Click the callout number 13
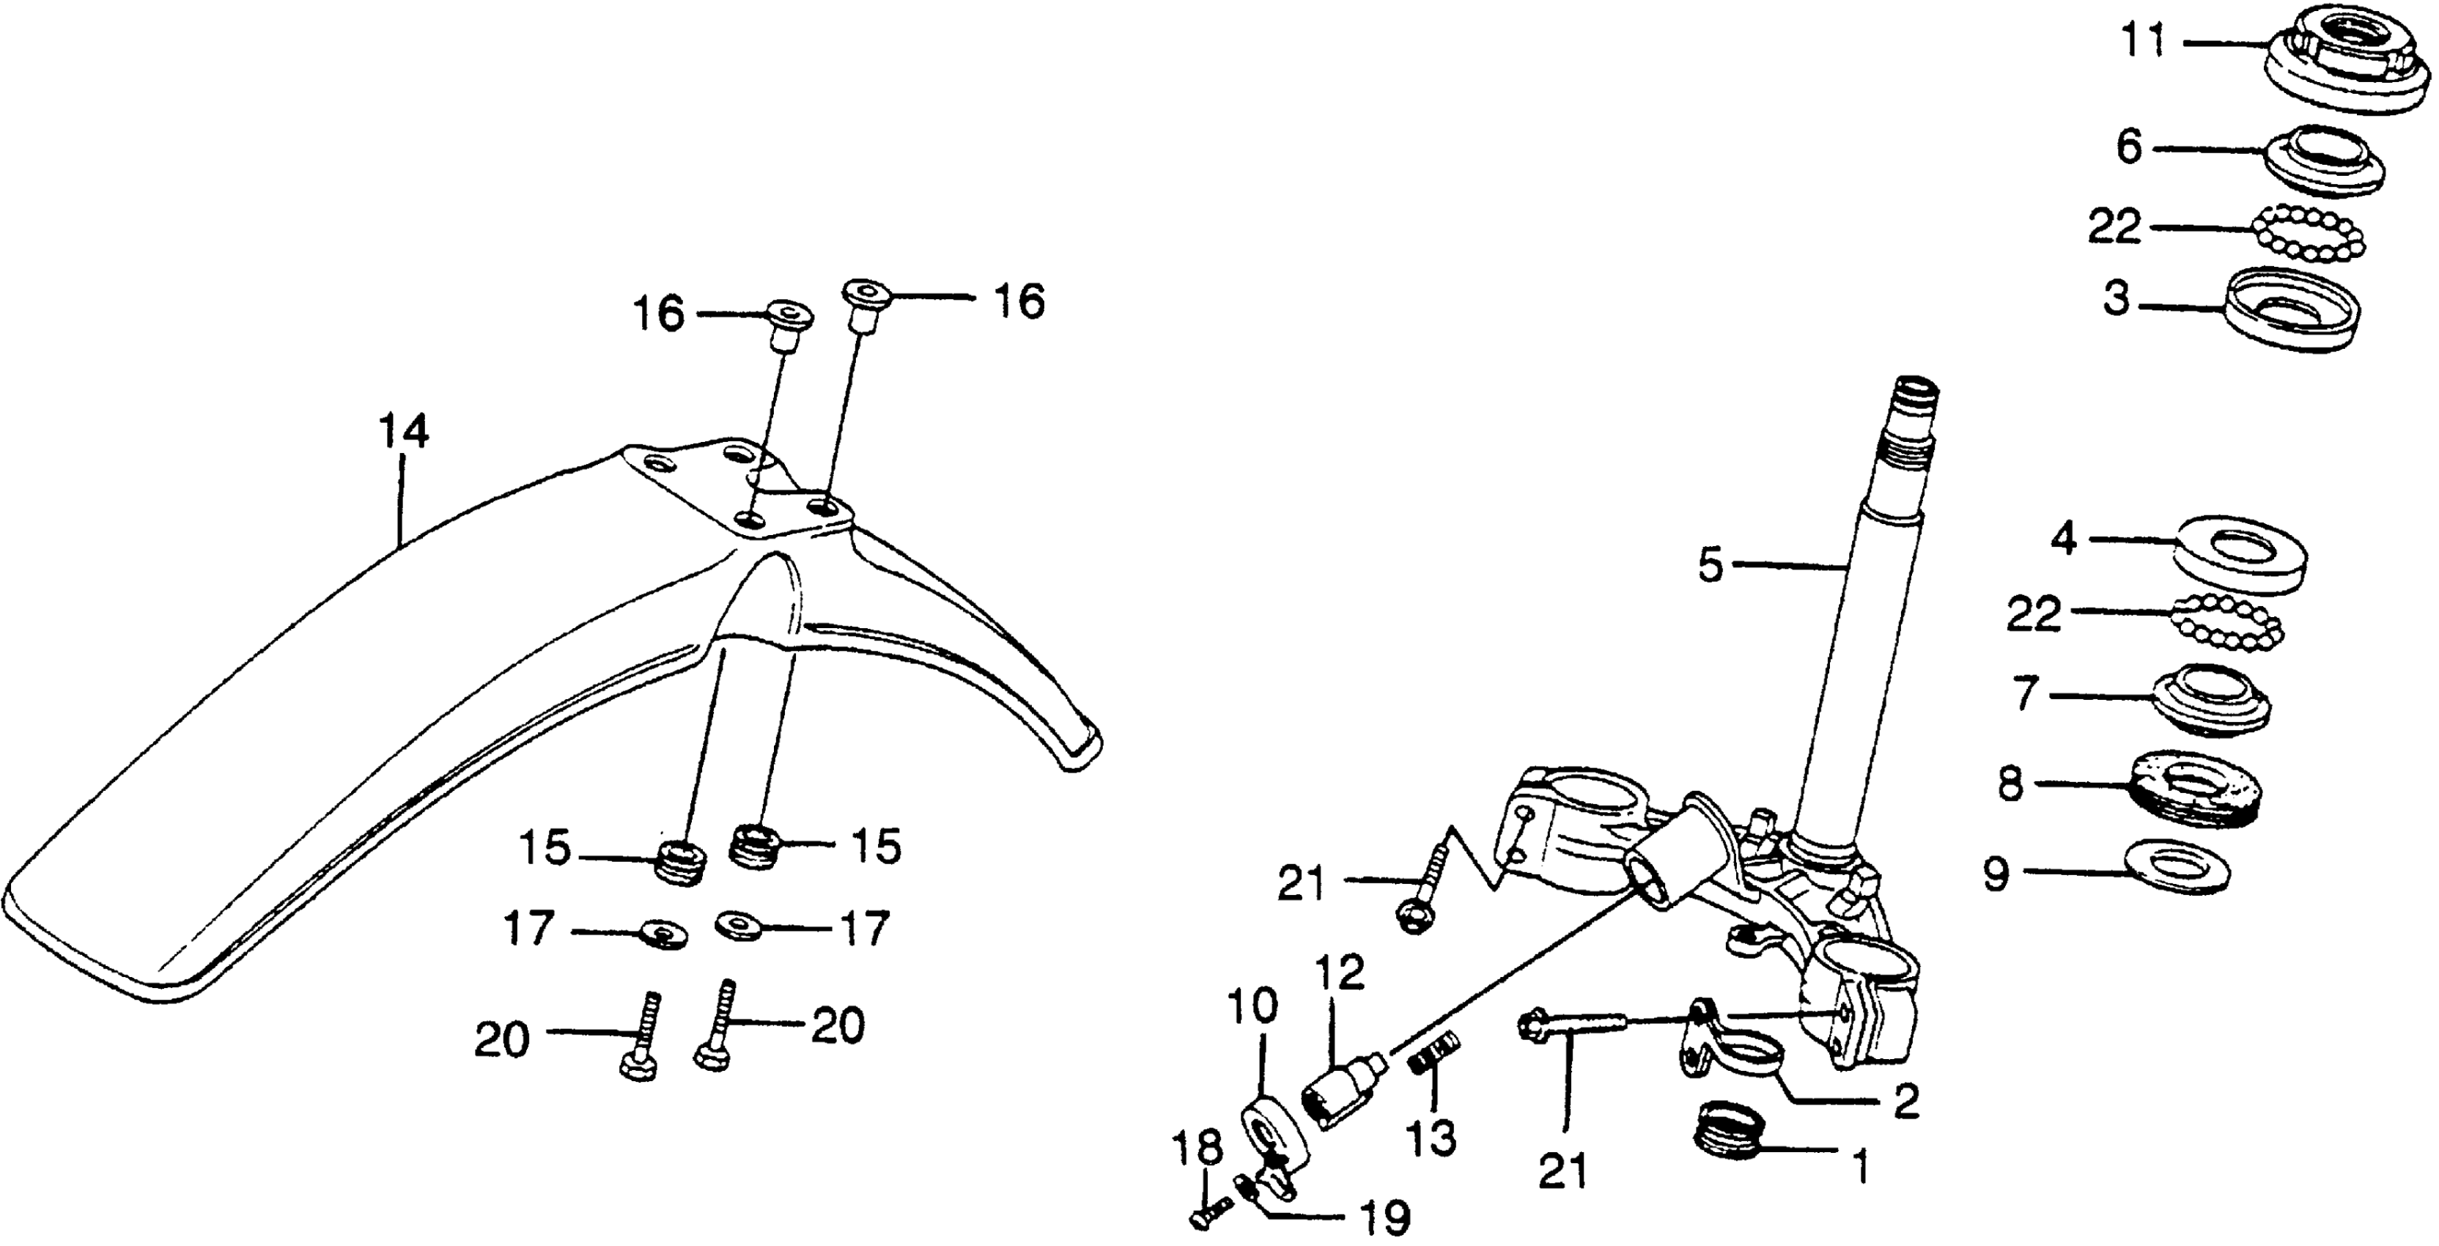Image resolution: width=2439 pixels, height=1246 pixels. point(1431,1139)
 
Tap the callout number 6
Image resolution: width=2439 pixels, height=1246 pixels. point(2128,149)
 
